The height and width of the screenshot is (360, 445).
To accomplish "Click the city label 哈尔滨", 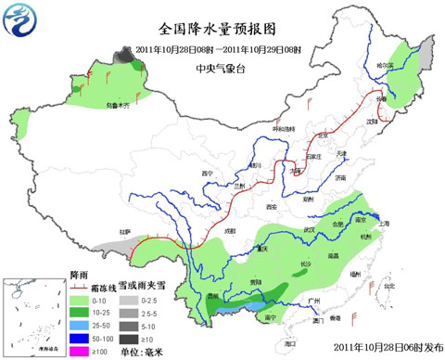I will pyautogui.click(x=385, y=65).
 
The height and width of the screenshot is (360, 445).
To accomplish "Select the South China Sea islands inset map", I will pyautogui.click(x=33, y=315).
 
